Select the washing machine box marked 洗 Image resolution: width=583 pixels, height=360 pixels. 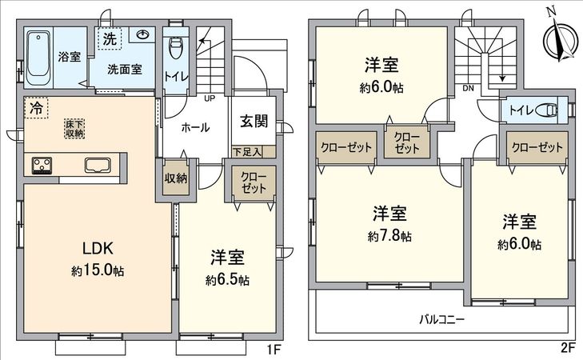[107, 38]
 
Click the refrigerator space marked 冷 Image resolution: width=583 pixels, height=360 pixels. [35, 106]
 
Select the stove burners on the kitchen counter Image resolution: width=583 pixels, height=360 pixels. [42, 166]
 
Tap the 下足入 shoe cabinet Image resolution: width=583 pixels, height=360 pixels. [253, 150]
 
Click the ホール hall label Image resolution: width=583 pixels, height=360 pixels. [196, 127]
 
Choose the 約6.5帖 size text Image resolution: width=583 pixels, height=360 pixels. [227, 280]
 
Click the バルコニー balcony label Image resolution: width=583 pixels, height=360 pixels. [442, 318]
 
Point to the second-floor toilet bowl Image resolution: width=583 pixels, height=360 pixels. [547, 110]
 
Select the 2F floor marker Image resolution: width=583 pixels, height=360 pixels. [567, 350]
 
